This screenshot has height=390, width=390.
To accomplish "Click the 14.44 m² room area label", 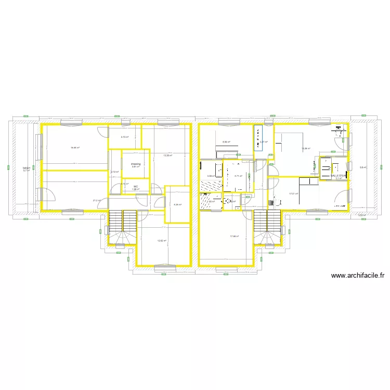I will [x=75, y=148].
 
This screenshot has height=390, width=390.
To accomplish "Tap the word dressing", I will [x=136, y=164].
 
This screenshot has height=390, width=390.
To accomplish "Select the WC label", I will [x=136, y=186].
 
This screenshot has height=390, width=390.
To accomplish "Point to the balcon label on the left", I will [x=26, y=168].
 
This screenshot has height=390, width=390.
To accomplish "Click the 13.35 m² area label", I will [x=167, y=155].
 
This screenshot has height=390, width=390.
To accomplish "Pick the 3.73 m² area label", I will [x=125, y=137].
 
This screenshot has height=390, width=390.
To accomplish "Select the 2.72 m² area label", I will [x=114, y=172].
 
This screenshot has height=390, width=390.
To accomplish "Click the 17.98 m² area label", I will [x=234, y=237].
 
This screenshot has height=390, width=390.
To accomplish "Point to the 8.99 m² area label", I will [x=226, y=142].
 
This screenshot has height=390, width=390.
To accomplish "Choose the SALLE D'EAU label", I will [x=339, y=176].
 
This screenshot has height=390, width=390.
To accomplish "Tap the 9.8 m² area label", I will [x=363, y=167].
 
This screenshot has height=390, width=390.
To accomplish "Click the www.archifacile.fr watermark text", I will [x=357, y=276].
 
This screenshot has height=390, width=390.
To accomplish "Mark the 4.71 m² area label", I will [x=239, y=176].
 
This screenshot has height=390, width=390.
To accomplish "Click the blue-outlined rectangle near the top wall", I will [x=258, y=138].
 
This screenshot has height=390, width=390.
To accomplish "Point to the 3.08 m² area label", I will [x=211, y=176].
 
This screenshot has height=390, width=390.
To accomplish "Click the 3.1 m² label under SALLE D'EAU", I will [x=339, y=179].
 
